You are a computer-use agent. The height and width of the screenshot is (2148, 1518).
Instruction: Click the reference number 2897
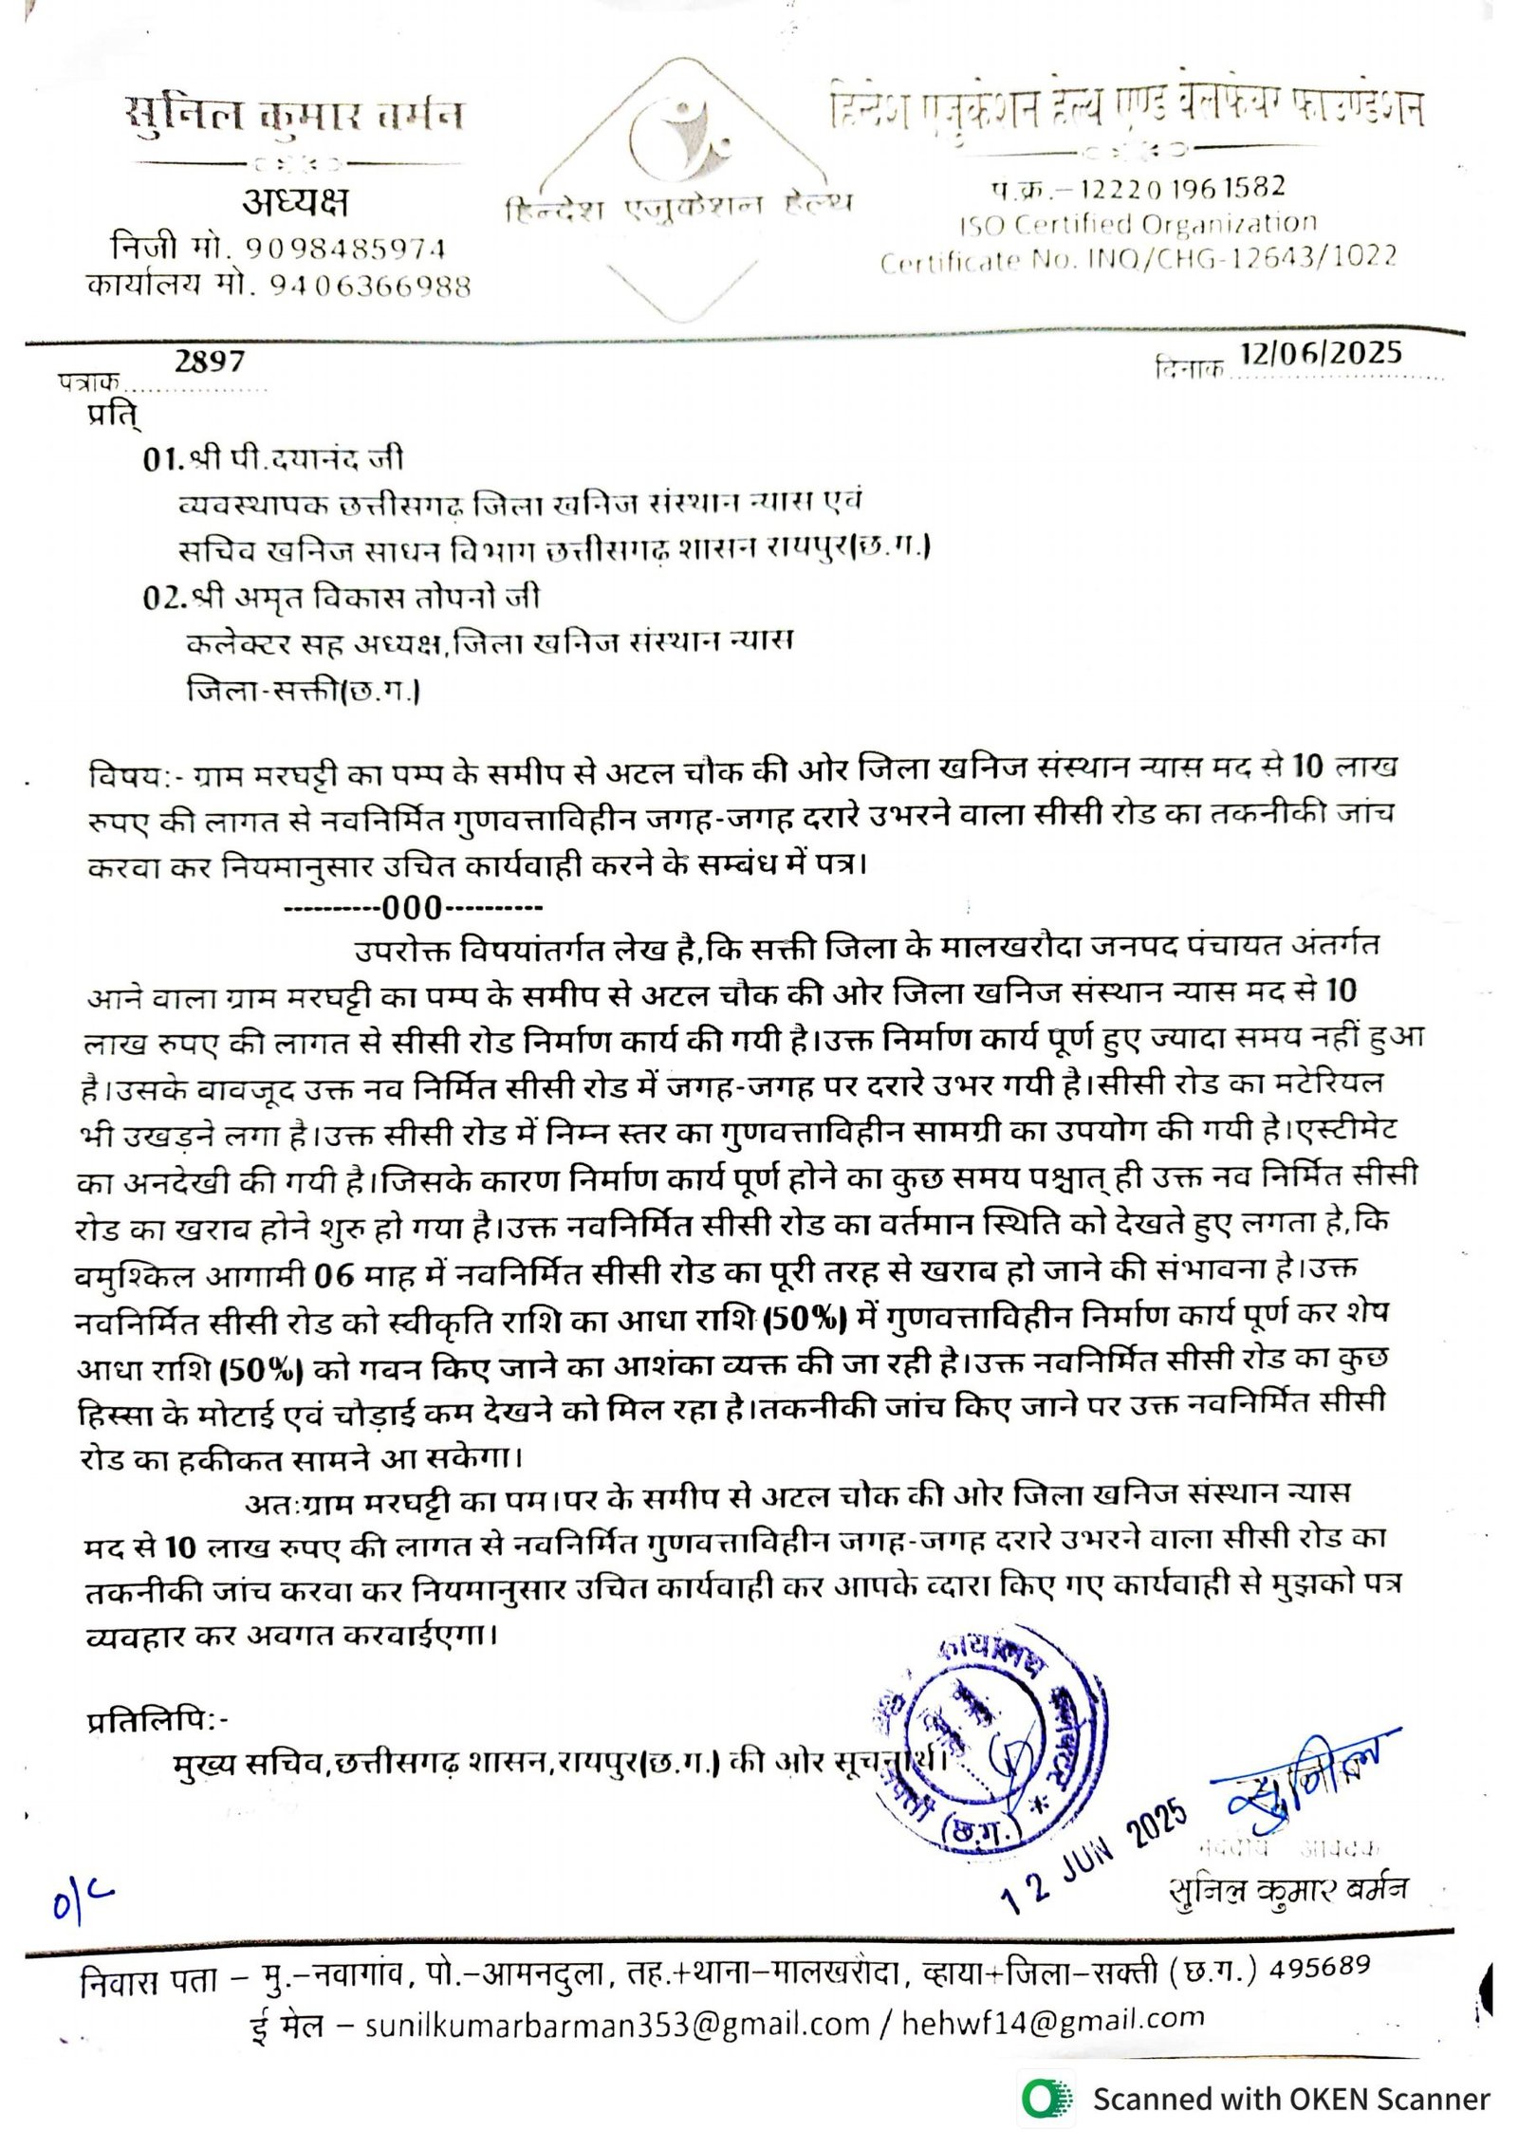209,361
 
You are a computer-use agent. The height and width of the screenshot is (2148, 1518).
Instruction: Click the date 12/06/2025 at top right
1320,353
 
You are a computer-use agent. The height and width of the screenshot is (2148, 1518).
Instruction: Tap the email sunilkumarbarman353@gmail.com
617,2025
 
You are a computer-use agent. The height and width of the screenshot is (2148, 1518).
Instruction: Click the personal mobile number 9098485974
345,249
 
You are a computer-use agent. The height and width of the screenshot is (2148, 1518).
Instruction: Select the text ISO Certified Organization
1138,224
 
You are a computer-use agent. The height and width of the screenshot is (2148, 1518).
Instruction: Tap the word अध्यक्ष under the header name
295,201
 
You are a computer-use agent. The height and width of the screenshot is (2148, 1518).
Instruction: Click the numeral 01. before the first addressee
162,459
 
